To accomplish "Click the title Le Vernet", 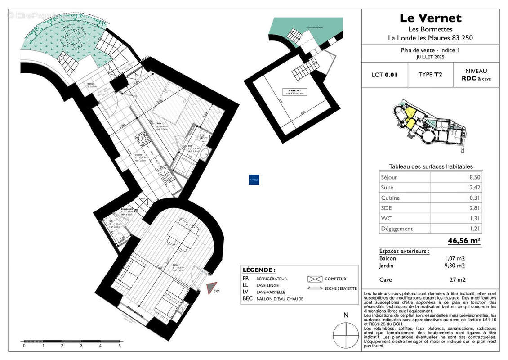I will (x=430, y=18).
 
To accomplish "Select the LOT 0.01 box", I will (x=384, y=75).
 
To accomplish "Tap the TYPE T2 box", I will (x=430, y=75).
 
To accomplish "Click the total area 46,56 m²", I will (x=464, y=241).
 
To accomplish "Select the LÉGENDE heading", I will (x=258, y=270).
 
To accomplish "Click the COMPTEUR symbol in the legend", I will (x=315, y=279).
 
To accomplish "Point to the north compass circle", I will (x=346, y=333).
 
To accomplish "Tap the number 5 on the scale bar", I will (x=119, y=346).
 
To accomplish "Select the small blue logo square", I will (x=254, y=180).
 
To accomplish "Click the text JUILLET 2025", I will (x=430, y=58).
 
